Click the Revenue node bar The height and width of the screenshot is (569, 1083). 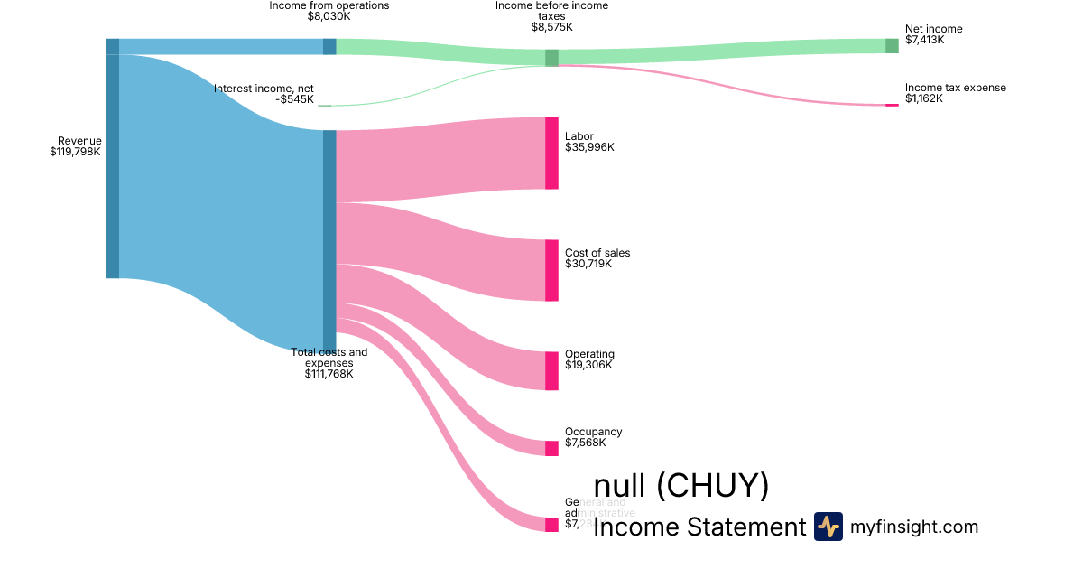[x=113, y=159]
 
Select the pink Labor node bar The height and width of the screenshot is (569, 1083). [x=551, y=154]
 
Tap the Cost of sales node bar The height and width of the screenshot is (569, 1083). [x=551, y=270]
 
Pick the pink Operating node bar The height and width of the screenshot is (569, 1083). [x=551, y=370]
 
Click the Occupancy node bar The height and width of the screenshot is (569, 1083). [x=551, y=449]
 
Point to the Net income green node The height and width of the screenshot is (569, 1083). [x=892, y=46]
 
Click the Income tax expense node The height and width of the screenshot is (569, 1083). [x=892, y=105]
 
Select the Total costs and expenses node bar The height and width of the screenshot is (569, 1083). [x=329, y=239]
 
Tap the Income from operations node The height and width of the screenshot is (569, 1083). [x=329, y=47]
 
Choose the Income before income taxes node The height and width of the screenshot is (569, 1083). [x=551, y=58]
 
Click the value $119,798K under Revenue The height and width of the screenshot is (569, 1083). [x=76, y=152]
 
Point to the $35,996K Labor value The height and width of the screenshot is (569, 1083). [x=589, y=147]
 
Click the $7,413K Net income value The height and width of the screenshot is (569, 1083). [x=925, y=40]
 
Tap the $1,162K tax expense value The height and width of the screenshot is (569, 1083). [x=924, y=98]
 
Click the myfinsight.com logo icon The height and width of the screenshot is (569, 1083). [x=828, y=527]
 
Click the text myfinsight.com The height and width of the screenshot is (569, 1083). [x=914, y=527]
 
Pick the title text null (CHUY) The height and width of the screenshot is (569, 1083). [x=681, y=486]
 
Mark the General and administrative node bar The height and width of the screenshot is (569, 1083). [x=551, y=525]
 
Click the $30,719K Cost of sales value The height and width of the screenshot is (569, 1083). [x=588, y=264]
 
